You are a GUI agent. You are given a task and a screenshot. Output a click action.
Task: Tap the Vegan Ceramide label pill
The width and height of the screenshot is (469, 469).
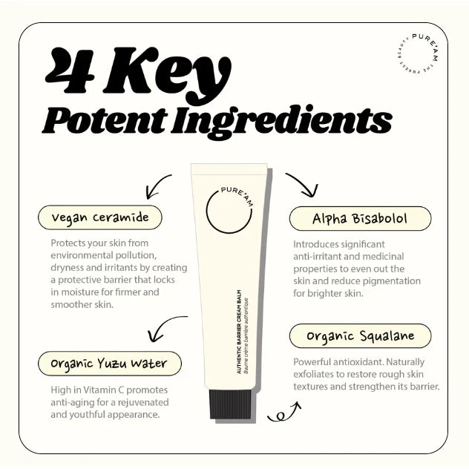pyautogui.click(x=100, y=217)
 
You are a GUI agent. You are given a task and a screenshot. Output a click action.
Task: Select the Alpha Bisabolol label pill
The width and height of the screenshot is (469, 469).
pyautogui.click(x=360, y=219)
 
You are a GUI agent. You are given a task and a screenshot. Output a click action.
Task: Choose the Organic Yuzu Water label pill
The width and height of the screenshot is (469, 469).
pyautogui.click(x=109, y=364)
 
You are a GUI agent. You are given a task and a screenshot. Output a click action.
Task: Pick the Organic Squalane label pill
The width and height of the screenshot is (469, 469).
pyautogui.click(x=360, y=335)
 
